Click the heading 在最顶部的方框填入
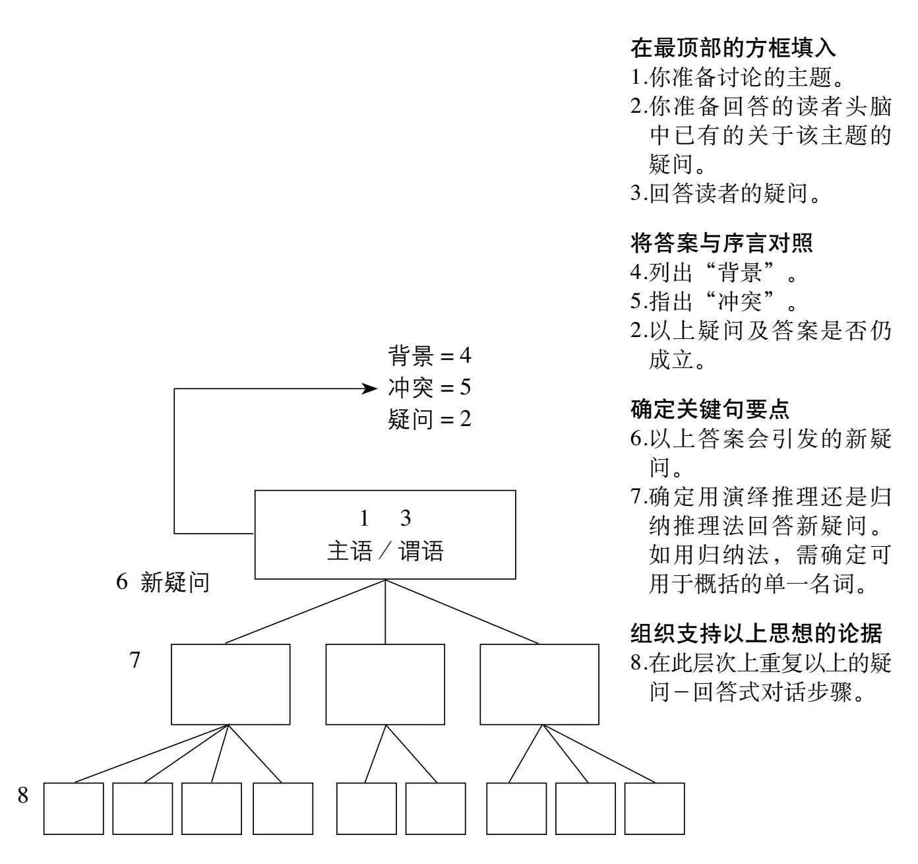click(733, 48)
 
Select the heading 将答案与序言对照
click(721, 243)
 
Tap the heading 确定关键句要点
click(710, 410)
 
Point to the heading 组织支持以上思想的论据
click(756, 633)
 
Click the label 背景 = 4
click(429, 357)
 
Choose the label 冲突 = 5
click(429, 388)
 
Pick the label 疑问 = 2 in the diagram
click(429, 419)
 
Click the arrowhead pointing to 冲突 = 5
click(370, 388)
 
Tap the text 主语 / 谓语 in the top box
click(385, 551)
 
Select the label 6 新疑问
click(163, 582)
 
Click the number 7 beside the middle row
click(135, 660)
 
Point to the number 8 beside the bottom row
click(23, 795)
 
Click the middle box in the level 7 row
click(385, 684)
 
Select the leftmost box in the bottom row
click(74, 809)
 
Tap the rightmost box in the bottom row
click(654, 809)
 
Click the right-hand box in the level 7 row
click(539, 684)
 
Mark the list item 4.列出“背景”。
click(713, 272)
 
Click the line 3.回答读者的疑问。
click(726, 194)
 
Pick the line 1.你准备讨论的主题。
click(737, 78)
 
